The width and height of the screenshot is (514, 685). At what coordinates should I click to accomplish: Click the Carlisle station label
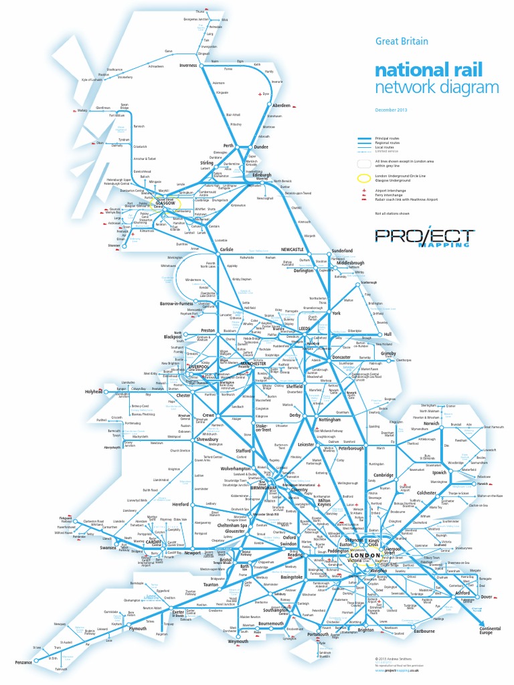226,250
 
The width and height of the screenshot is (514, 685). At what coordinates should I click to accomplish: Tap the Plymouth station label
138,629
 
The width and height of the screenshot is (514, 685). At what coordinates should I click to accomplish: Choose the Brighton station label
365,629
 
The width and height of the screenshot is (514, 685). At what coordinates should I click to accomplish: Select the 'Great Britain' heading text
401,41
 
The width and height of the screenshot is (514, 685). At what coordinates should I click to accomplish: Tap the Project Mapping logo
424,237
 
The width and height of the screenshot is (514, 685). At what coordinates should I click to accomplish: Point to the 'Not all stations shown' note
392,213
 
